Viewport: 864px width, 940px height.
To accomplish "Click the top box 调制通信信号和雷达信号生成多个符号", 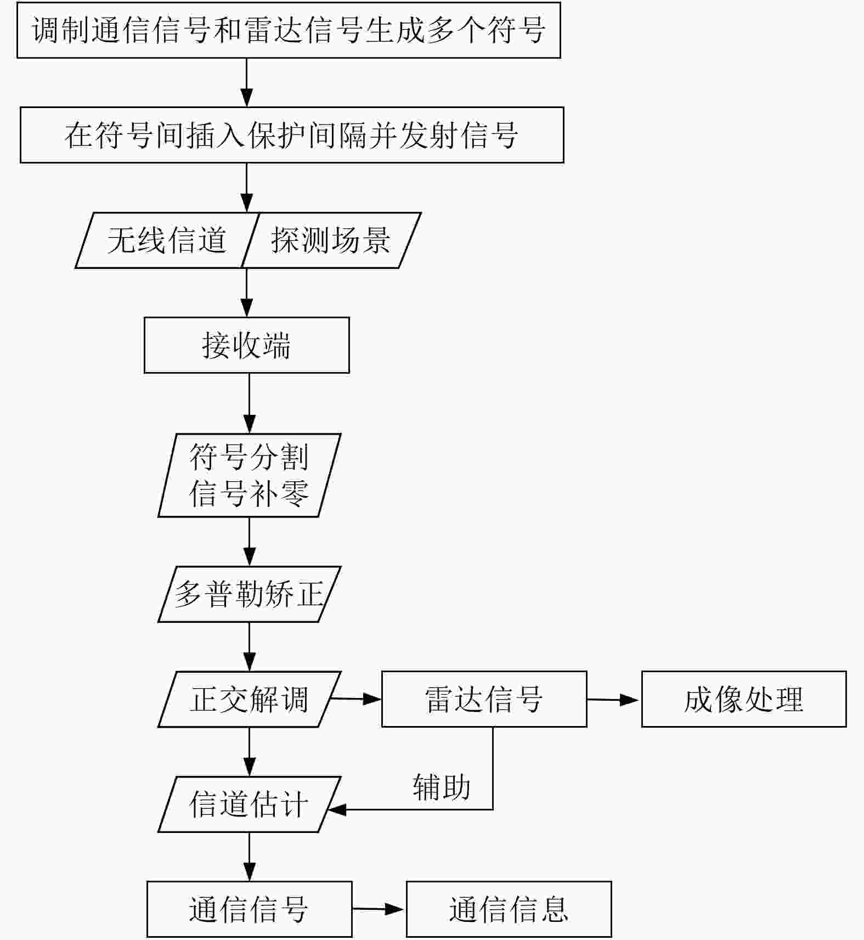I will [x=289, y=30].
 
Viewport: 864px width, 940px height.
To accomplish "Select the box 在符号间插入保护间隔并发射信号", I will [x=292, y=135].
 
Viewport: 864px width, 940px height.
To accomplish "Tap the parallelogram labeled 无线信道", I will [x=166, y=240].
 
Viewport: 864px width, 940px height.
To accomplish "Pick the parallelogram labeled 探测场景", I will [x=331, y=240].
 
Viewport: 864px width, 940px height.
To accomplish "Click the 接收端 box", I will [x=246, y=345].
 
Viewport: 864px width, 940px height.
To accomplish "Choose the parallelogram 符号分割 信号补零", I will [x=249, y=475].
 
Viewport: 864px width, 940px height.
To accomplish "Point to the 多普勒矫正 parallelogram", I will [x=249, y=594].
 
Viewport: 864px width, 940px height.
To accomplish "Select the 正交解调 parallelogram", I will [x=249, y=699].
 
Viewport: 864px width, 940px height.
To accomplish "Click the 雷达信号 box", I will [x=484, y=699].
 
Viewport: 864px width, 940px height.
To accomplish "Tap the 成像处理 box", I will [x=744, y=699].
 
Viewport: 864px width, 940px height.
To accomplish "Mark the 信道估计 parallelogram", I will [x=249, y=804].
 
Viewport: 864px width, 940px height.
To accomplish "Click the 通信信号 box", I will [x=249, y=909].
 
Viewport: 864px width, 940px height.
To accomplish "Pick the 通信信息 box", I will [x=509, y=909].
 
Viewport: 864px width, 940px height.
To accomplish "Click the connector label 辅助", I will [x=442, y=787].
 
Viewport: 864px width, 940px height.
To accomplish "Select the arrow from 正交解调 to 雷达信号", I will [x=355, y=699].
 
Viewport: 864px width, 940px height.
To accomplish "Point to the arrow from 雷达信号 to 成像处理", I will [x=613, y=700].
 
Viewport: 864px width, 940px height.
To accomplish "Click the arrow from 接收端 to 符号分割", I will [x=249, y=403].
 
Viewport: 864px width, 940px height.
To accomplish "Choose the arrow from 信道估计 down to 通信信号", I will [x=249, y=857].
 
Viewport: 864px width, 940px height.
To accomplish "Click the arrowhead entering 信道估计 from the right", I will [x=336, y=809].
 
